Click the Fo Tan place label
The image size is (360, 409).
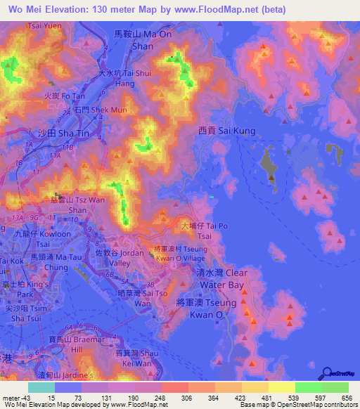[x=59, y=95]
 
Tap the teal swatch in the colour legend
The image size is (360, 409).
[x=41, y=387]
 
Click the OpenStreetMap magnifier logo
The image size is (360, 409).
[x=328, y=374]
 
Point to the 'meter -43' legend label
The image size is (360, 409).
[x=14, y=398]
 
